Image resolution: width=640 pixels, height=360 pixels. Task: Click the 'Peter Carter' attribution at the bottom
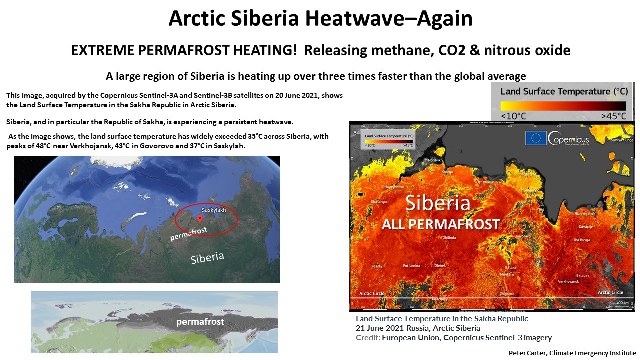533,354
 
